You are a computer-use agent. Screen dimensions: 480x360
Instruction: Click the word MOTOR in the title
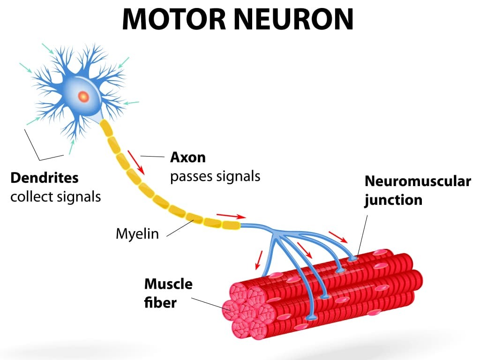[174, 19]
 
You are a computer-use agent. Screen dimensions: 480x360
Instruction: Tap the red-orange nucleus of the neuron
[83, 97]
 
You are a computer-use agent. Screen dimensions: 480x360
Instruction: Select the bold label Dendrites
[45, 178]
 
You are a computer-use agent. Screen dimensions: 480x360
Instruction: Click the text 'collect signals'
[55, 197]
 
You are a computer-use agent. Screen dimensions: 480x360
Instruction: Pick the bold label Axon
[187, 157]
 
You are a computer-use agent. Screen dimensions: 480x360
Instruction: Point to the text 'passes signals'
[215, 177]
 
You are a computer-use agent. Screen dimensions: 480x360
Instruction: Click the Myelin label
[137, 234]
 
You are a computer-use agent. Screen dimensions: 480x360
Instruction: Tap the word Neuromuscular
[418, 181]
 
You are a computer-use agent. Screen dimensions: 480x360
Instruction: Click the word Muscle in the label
[168, 284]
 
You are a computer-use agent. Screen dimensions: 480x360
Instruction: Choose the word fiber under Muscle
[160, 303]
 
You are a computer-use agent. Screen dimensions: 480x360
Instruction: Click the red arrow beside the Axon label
[136, 162]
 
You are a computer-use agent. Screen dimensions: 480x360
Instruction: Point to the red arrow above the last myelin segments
[231, 216]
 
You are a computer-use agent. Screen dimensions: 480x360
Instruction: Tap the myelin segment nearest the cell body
[106, 127]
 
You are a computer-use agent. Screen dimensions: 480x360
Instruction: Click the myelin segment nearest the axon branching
[231, 225]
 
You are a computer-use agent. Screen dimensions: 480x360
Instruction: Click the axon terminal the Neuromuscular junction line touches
[352, 259]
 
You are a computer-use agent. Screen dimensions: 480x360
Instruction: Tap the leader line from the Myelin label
[180, 228]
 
